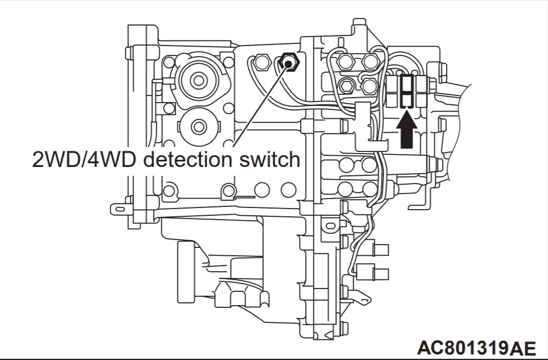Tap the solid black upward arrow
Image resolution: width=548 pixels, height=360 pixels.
point(408,129)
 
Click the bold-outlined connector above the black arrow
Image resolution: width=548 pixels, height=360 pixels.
point(408,90)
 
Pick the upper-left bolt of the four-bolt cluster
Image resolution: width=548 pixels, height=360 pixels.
point(346,61)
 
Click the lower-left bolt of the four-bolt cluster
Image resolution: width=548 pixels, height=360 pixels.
point(346,85)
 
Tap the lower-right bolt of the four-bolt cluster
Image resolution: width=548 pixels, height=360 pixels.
point(370,85)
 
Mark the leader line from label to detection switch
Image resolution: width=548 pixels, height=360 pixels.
point(261,105)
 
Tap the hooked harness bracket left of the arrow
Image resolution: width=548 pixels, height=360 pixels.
point(363,125)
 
